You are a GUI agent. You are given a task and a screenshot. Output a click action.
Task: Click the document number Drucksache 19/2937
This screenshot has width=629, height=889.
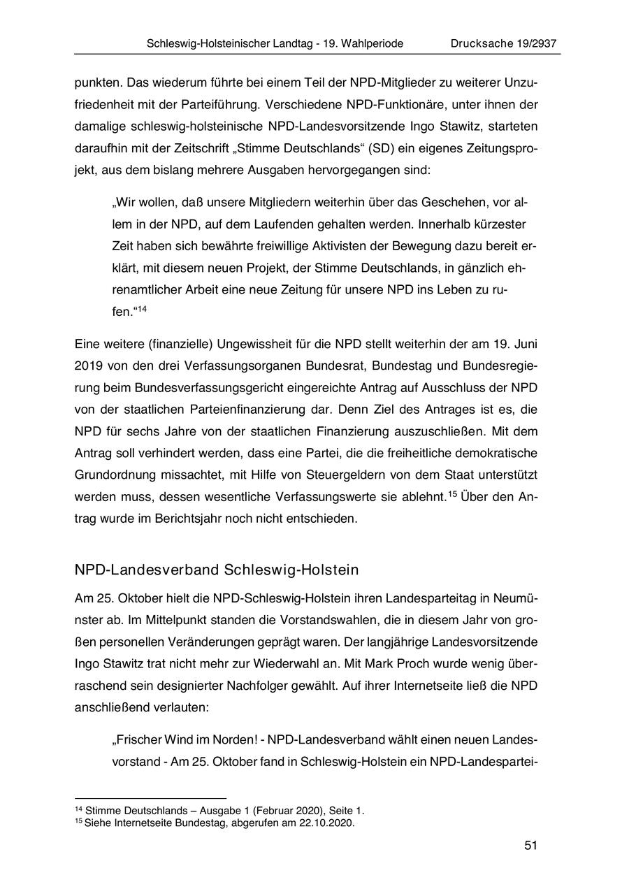click(503, 43)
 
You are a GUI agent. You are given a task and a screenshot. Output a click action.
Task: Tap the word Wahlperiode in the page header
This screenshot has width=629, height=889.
click(370, 43)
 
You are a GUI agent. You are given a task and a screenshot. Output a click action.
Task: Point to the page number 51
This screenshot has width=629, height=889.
click(530, 846)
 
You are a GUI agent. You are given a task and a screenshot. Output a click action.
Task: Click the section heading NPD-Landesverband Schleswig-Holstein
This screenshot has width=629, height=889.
click(216, 570)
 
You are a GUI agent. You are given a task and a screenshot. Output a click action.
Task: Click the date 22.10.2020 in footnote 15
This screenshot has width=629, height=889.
click(328, 823)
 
